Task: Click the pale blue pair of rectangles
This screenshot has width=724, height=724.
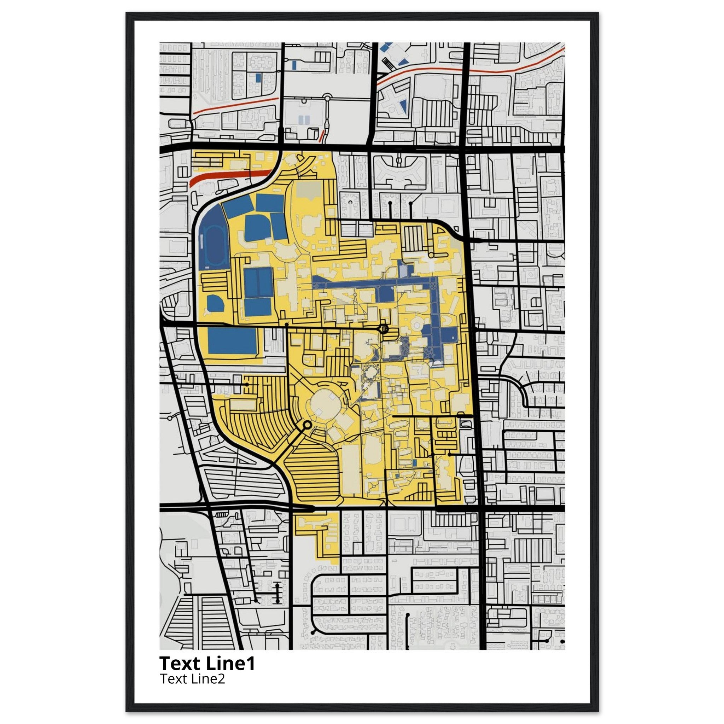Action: (x=304, y=120)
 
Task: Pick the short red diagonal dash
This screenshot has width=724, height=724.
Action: (x=321, y=136)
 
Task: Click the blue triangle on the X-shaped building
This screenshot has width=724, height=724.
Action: (x=404, y=105)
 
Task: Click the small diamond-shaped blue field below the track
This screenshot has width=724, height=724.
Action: (x=215, y=303)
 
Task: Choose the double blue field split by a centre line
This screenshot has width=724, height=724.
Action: (x=258, y=282)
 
